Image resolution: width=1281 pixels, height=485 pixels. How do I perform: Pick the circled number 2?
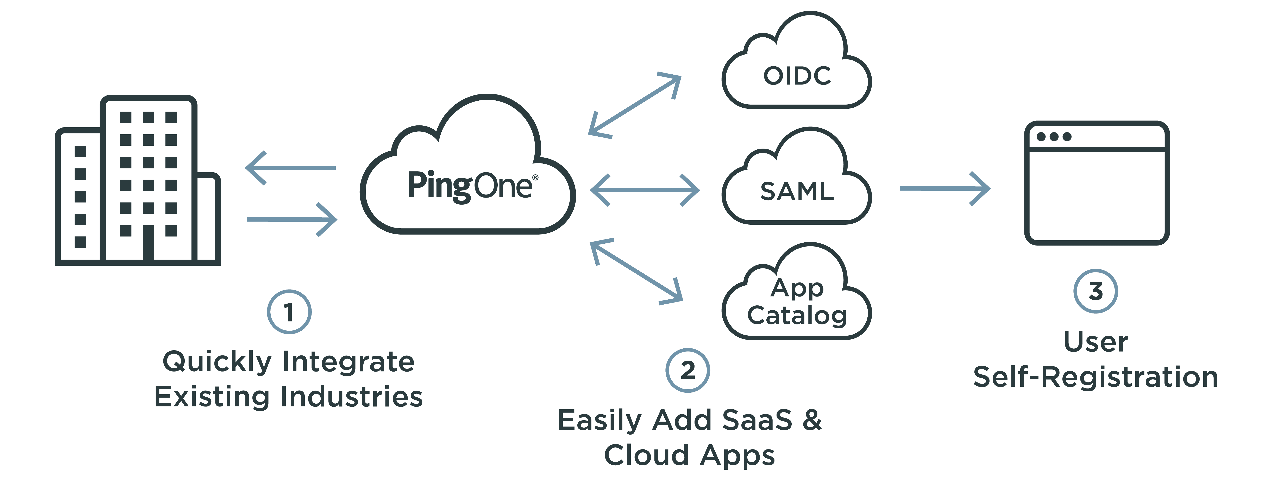688,371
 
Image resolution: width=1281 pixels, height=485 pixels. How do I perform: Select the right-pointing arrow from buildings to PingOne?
292,219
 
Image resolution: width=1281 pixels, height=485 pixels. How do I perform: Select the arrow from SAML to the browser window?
945,188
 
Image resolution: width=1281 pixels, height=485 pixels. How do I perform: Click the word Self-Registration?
1095,377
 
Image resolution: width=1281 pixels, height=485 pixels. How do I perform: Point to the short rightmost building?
208,219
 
